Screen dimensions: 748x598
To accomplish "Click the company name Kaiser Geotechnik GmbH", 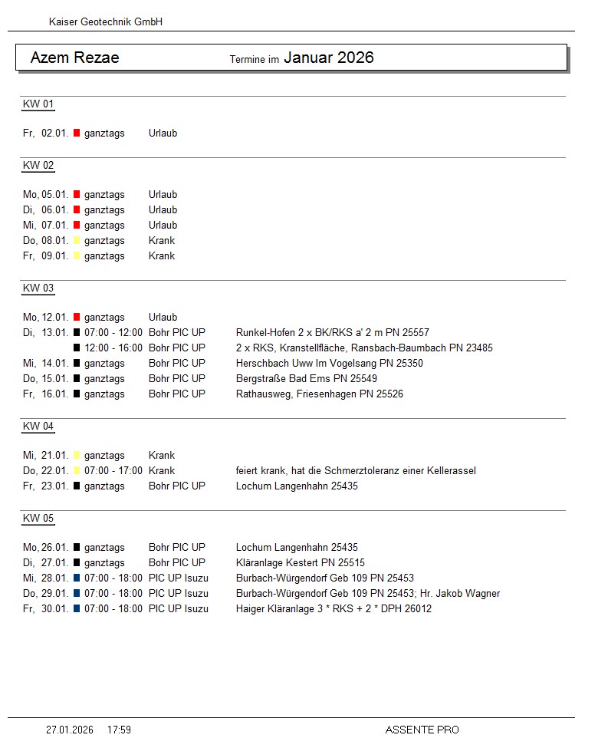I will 106,22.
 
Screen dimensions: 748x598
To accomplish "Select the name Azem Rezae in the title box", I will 74,58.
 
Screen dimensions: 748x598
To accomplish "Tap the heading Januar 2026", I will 328,58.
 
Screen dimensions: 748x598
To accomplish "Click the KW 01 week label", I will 38,104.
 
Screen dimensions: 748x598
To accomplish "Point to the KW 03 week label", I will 38,288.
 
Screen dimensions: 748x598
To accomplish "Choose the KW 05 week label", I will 38,519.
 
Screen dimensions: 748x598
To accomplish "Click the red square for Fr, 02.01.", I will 77,133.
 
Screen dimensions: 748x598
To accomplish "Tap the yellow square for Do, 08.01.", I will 77,241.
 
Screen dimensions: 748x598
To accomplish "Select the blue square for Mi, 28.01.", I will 77,578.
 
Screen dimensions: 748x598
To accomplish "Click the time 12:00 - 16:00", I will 113,348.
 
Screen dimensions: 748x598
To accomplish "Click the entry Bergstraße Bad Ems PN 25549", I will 307,379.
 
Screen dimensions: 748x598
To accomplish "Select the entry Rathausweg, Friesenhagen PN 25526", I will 319,394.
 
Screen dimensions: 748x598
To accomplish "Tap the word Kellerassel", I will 450,471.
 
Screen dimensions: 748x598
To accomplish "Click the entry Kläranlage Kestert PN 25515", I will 301,563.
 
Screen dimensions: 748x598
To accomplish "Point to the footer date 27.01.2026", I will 70,730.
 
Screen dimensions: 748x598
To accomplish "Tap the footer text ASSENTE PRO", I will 422,730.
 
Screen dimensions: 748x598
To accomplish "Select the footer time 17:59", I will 119,730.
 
